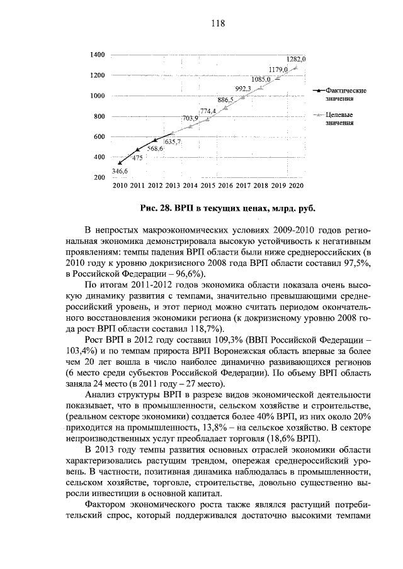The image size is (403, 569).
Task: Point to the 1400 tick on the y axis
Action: pos(97,55)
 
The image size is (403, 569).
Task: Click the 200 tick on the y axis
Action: pos(99,178)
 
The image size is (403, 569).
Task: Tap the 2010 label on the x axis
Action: pos(120,186)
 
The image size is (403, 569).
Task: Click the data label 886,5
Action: pos(225,99)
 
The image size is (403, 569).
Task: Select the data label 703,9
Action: pos(190,118)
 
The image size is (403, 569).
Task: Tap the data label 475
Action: pos(137,158)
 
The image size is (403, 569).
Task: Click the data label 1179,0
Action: pos(278,69)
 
